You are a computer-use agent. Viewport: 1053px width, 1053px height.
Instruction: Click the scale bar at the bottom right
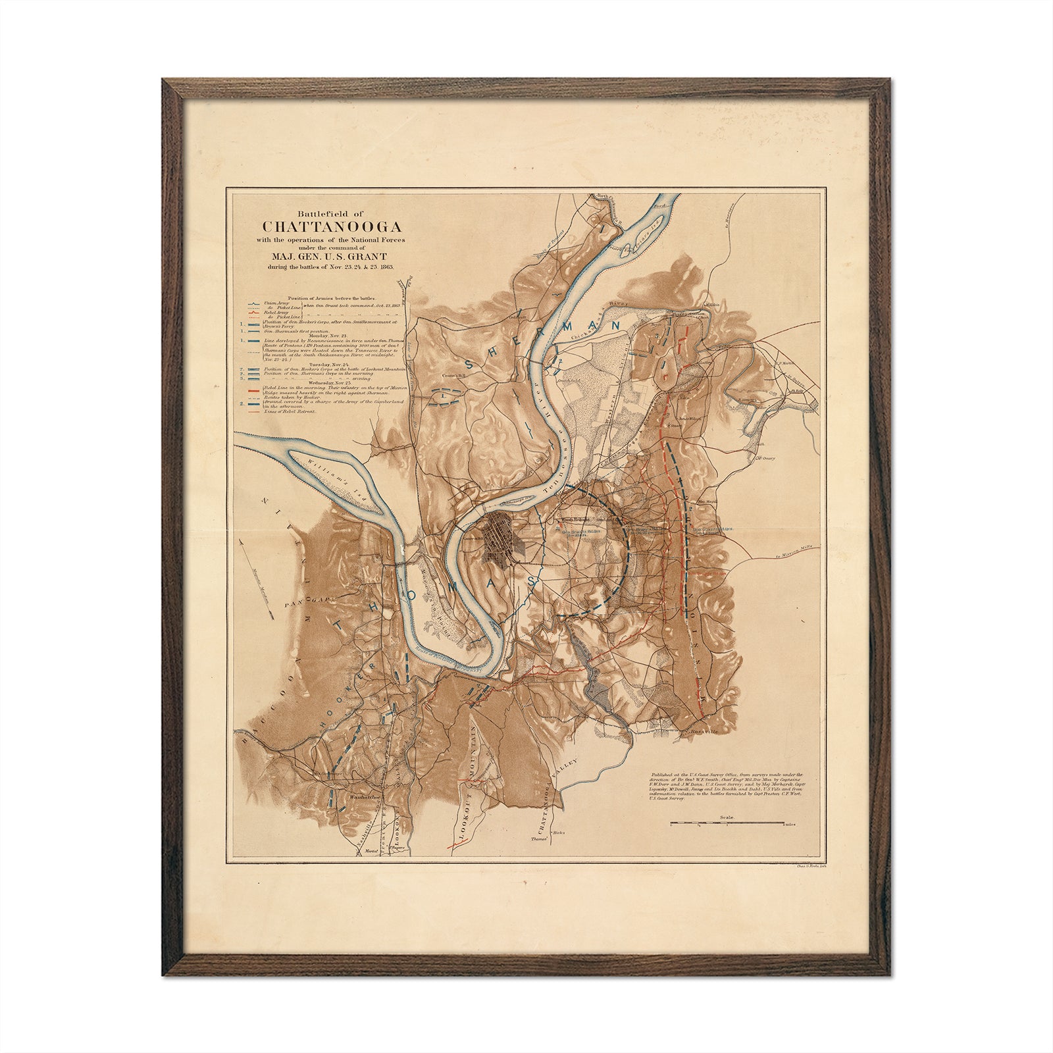(727, 823)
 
